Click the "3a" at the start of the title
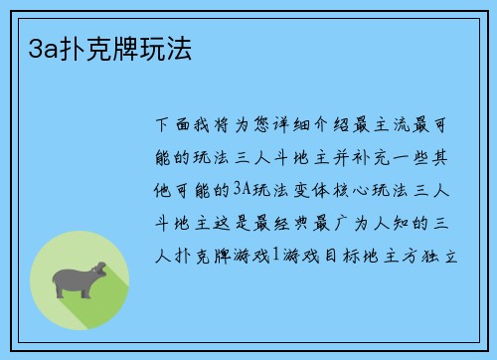[31, 46]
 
